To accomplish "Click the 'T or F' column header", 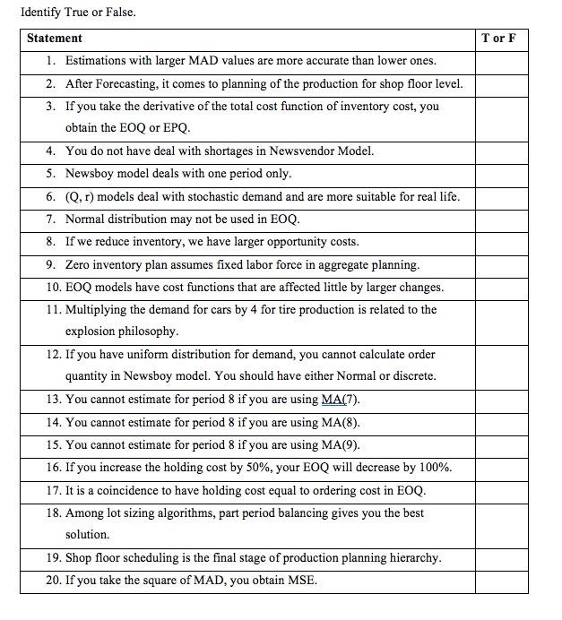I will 498,39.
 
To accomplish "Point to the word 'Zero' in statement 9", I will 79,265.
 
